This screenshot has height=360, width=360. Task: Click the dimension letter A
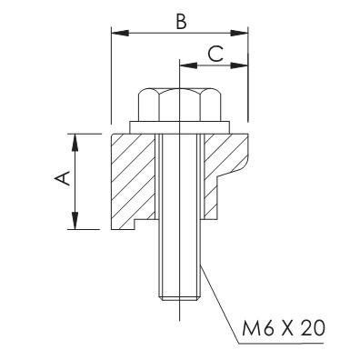pyautogui.click(x=63, y=178)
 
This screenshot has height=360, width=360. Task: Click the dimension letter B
pyautogui.click(x=181, y=22)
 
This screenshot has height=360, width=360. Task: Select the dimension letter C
pyautogui.click(x=215, y=55)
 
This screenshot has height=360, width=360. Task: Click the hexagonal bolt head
pyautogui.click(x=179, y=105)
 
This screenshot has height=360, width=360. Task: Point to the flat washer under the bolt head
pyautogui.click(x=179, y=127)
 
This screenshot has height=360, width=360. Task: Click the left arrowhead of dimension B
pyautogui.click(x=120, y=33)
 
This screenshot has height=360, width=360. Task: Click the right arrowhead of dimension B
pyautogui.click(x=239, y=33)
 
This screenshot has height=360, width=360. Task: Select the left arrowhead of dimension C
pyautogui.click(x=188, y=65)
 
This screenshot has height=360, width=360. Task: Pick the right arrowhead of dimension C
pyautogui.click(x=239, y=65)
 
